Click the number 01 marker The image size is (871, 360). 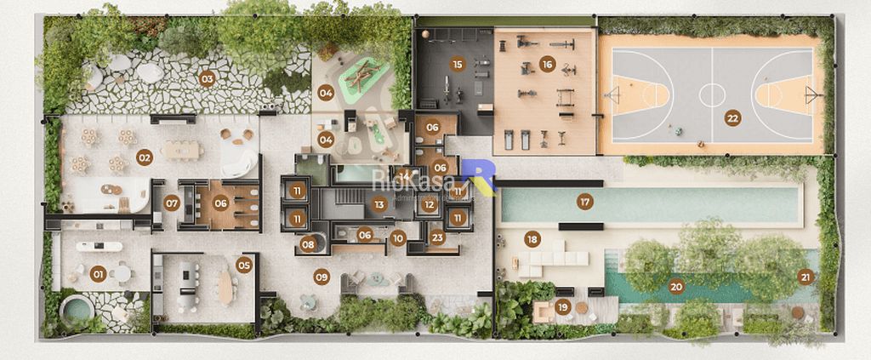coord(98,273)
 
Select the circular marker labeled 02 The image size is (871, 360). coord(145,157)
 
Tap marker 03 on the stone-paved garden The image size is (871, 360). coord(207,79)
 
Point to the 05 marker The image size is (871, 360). coord(245,265)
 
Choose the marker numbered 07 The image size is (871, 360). coord(172,203)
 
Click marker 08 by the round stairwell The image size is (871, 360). coord(308,245)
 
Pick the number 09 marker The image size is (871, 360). coord(322,276)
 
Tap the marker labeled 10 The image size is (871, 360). coord(398,238)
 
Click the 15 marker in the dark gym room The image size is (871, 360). coord(458,64)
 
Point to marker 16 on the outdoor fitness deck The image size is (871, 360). coord(547,64)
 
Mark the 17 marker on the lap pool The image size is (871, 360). coord(584,202)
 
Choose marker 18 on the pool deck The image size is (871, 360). coord(532,239)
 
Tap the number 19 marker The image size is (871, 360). coord(562,306)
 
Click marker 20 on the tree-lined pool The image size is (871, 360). coord(676,286)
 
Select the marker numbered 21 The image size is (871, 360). coord(805,276)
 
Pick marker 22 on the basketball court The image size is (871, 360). coord(732,118)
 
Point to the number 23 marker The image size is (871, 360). coord(437,238)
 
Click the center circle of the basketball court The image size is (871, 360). coord(711,94)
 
